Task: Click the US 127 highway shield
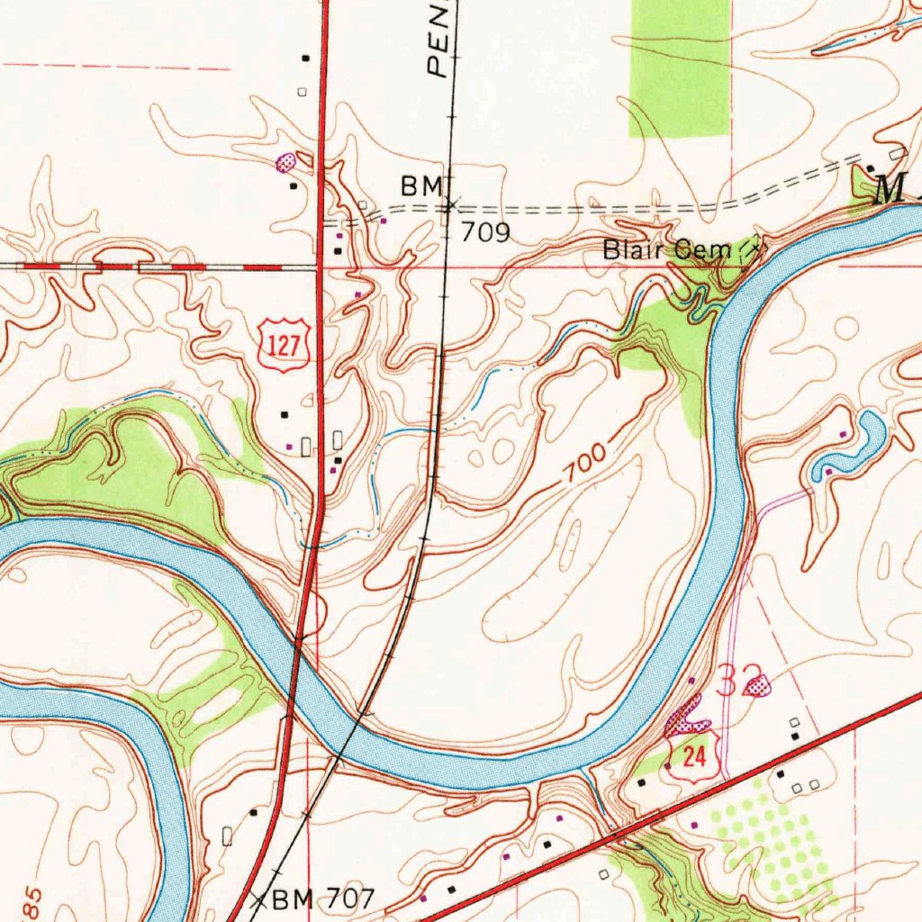click(285, 347)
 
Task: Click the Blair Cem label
click(666, 250)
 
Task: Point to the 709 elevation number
click(486, 233)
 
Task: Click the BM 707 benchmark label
click(321, 898)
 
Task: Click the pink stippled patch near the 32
click(761, 687)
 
